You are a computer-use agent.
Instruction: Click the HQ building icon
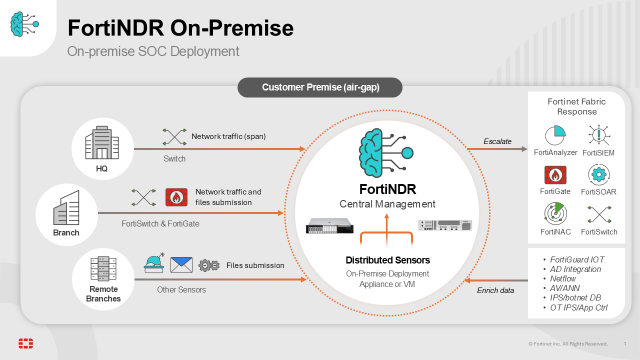102,142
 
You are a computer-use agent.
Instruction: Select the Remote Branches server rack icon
103,268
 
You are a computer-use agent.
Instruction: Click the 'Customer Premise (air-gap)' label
320,87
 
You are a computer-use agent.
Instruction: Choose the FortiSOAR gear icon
598,174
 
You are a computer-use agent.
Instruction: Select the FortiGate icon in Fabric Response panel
555,175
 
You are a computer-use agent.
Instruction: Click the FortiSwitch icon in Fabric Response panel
599,214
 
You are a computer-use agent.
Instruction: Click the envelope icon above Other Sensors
181,265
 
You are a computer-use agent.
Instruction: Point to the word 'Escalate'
497,141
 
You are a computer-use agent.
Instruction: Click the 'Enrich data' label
495,290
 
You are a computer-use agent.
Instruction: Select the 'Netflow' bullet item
563,278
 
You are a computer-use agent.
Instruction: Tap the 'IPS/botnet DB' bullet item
575,298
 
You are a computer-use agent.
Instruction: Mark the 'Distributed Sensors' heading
387,260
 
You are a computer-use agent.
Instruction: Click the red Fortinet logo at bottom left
26,343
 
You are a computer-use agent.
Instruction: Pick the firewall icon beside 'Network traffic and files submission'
176,197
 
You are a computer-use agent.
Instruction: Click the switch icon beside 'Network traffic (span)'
174,137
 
